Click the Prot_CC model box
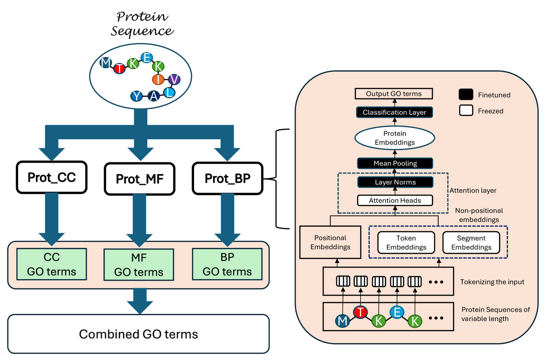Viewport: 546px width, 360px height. coord(51,178)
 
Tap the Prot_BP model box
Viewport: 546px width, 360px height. coord(228,178)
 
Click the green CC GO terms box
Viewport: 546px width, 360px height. coord(52,264)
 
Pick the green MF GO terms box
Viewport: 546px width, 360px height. coord(139,265)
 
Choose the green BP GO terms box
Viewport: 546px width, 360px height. coord(227,264)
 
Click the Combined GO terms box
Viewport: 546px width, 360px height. coord(138,333)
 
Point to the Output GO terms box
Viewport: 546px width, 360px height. coord(394,94)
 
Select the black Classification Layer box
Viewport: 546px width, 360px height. coord(394,112)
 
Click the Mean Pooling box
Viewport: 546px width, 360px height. coord(395,163)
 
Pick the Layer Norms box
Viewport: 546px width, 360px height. coord(395,182)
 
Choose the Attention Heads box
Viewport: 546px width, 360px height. coord(395,200)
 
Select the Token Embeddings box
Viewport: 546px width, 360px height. coord(406,243)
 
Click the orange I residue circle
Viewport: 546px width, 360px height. coord(158,79)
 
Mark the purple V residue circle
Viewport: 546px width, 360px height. coord(175,79)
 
